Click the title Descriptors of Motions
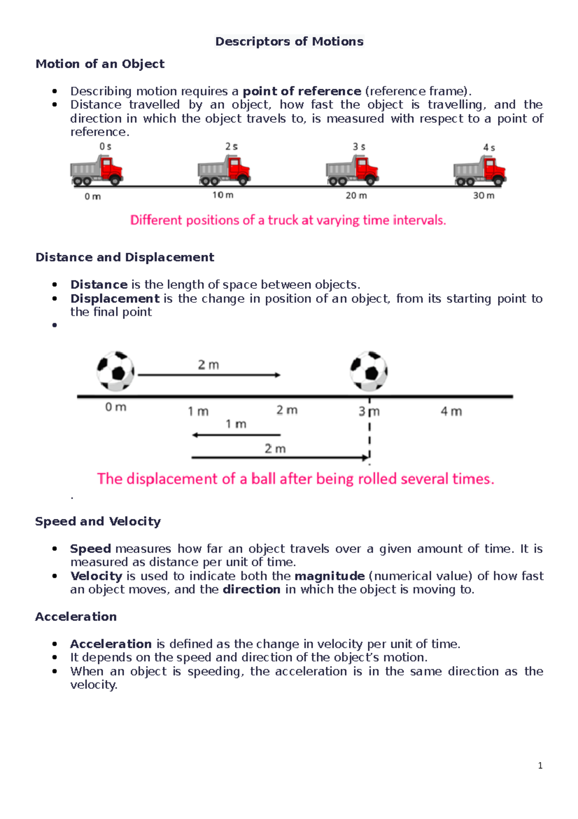tap(289, 41)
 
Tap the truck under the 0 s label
tap(97, 170)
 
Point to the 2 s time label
tap(232, 147)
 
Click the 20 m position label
tap(356, 195)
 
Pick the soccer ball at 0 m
tap(116, 371)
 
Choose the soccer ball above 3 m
tap(369, 371)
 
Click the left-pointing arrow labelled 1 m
tap(236, 435)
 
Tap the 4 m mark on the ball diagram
tap(451, 411)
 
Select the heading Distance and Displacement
tap(125, 257)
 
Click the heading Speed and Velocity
tap(98, 521)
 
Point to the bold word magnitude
tap(329, 576)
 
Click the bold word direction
tap(251, 589)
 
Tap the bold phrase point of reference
tap(302, 91)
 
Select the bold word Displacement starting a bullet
tap(115, 299)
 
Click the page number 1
tap(540, 765)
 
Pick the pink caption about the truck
tap(288, 220)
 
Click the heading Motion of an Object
tap(100, 64)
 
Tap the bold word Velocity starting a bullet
tap(96, 576)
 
